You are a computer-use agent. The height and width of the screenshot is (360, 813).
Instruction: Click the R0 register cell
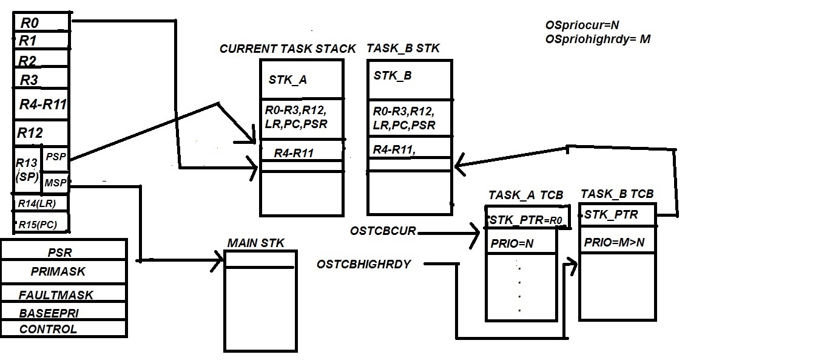(x=41, y=23)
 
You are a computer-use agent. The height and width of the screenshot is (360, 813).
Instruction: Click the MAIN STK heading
(x=255, y=243)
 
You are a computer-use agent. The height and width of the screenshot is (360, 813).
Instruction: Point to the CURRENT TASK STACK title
(x=288, y=49)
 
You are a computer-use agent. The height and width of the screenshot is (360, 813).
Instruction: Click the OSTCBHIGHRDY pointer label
(x=364, y=264)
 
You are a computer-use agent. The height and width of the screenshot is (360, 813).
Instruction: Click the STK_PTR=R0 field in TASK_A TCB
(x=527, y=220)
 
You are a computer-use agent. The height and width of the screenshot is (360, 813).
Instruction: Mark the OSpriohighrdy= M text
(x=598, y=39)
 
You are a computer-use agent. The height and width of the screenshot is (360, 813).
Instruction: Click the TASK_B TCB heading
(x=617, y=194)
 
